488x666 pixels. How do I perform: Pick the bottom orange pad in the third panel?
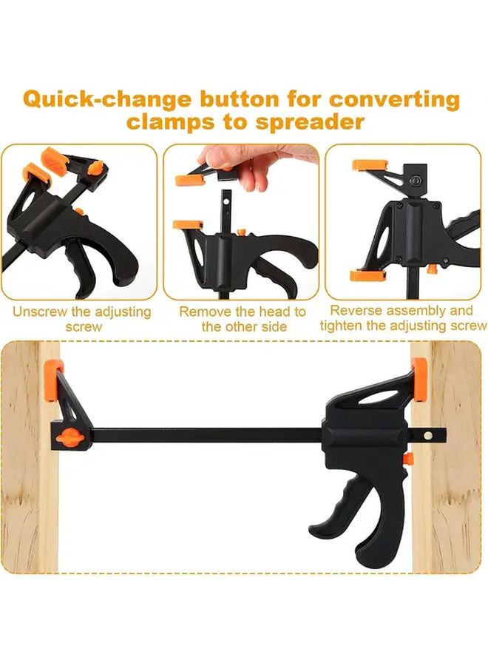pyautogui.click(x=367, y=275)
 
